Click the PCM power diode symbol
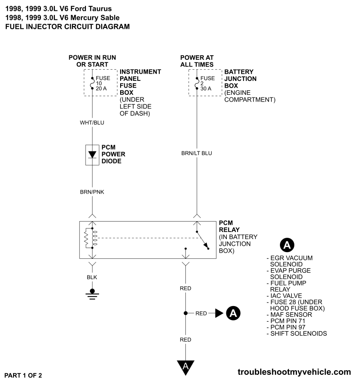[92, 154]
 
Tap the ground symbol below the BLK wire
[92, 293]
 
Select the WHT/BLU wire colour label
[92, 122]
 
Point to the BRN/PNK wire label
[92, 192]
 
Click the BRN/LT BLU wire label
[196, 153]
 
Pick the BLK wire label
[92, 277]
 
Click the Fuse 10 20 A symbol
[92, 83]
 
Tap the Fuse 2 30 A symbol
[197, 83]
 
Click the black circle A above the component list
[287, 245]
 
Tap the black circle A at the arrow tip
[233, 313]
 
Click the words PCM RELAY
[229, 227]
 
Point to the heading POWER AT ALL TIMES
[197, 61]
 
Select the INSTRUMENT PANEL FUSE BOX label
[140, 81]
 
